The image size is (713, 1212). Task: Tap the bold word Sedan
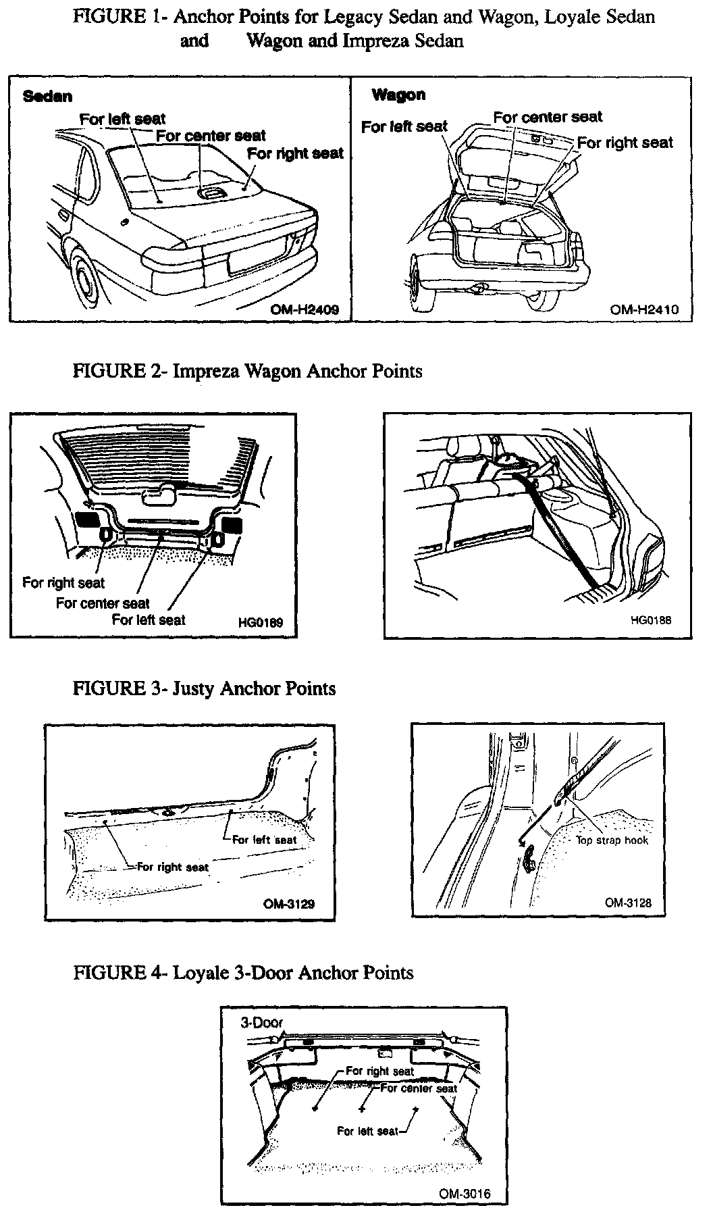click(x=47, y=96)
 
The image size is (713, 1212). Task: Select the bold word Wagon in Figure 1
click(x=398, y=95)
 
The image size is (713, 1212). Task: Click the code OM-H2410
click(x=644, y=309)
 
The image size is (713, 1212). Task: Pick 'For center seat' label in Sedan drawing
click(x=211, y=136)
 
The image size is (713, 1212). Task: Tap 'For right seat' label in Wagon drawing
click(x=625, y=143)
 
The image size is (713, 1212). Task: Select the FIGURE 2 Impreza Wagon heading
click(x=247, y=371)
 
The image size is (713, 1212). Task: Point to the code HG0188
click(x=651, y=620)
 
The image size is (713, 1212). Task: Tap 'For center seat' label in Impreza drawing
click(x=103, y=603)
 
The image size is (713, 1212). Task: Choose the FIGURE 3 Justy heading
click(x=204, y=688)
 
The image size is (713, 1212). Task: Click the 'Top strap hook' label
click(x=612, y=840)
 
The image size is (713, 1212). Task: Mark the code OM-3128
click(x=628, y=902)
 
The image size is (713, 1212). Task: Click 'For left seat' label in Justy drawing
click(x=264, y=840)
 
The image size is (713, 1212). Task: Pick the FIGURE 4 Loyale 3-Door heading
click(x=243, y=972)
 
